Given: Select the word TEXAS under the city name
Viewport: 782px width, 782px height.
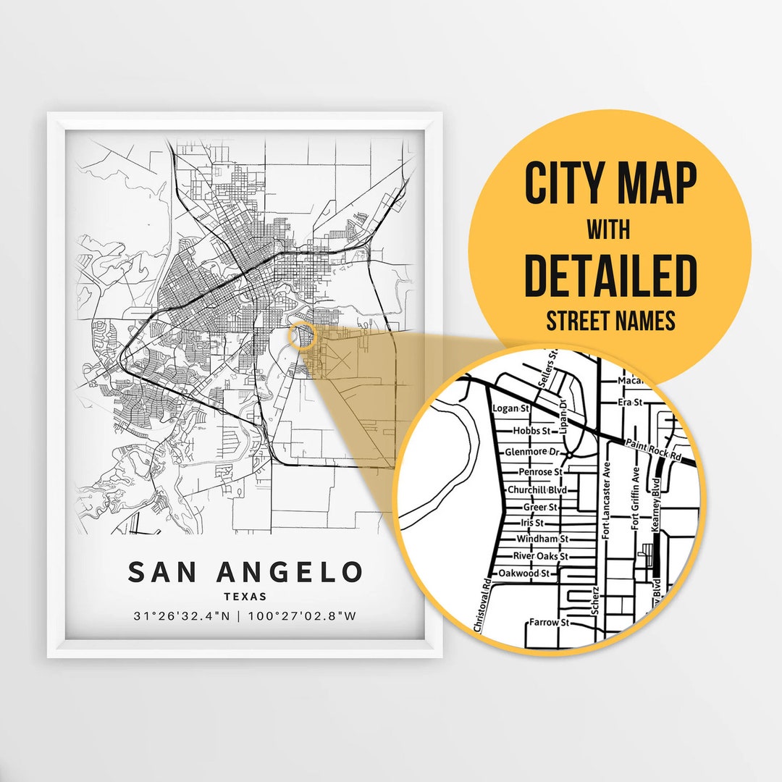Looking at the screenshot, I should [x=245, y=597].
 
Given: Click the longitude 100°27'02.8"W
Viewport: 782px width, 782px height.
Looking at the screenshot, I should [x=302, y=617].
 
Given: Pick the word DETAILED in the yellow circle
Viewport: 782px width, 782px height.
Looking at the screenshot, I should [x=610, y=276].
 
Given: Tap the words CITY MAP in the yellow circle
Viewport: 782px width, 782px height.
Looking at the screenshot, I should [x=610, y=184].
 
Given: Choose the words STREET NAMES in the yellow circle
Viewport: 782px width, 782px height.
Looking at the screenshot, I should [x=610, y=321].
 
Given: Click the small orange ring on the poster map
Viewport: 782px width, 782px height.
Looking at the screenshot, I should [x=301, y=336].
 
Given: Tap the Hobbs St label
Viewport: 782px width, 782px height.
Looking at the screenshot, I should [x=532, y=431].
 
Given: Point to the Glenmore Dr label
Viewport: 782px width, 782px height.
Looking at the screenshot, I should [x=533, y=452].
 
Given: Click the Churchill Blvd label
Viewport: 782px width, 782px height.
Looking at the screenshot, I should [x=536, y=490].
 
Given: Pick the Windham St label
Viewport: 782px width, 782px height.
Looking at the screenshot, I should [x=542, y=539].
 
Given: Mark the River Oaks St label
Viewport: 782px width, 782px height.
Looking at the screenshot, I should [x=540, y=556].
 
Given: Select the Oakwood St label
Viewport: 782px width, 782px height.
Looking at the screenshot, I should [x=529, y=573].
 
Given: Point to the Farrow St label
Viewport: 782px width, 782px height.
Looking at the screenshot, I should [x=549, y=622].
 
